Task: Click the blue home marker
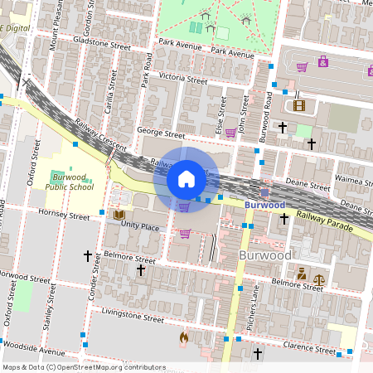click(186, 178)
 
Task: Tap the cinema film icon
click(298, 105)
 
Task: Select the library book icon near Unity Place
click(119, 216)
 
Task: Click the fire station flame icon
click(184, 337)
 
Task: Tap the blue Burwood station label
click(265, 204)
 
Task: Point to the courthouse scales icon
click(319, 272)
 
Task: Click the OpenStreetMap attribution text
click(83, 367)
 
